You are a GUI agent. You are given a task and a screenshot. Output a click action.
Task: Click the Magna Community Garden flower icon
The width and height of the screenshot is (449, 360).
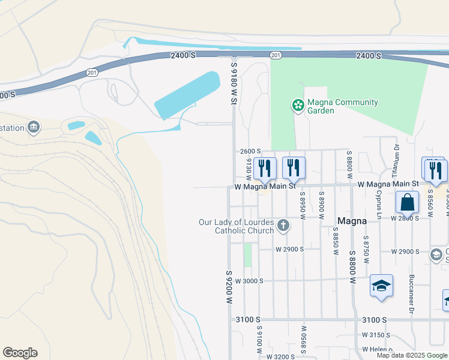pos(297,106)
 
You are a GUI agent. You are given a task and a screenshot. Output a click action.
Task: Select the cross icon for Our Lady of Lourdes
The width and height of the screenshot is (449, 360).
pos(283,226)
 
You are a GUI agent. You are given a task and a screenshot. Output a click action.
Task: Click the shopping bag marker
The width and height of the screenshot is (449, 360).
pos(407,203)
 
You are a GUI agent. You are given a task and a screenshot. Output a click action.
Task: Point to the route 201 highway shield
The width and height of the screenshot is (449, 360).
pos(276,55)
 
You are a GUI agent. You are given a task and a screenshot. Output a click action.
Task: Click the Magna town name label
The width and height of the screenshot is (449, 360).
pos(352,221)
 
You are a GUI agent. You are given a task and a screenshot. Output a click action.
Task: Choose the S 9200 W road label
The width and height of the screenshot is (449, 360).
pos(229,287)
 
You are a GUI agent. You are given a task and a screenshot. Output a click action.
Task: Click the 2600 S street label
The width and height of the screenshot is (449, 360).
pos(250,151)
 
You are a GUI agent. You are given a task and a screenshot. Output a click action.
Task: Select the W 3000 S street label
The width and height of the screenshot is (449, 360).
pos(249,281)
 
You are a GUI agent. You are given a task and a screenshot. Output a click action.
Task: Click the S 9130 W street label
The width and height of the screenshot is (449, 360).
pos(248,169)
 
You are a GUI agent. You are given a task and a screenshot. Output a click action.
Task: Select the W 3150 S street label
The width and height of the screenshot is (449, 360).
pos(377,335)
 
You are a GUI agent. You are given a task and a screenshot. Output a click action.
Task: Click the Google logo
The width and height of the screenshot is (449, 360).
pos(20,353)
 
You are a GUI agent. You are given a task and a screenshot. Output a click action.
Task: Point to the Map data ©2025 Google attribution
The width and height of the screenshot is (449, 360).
pos(411,355)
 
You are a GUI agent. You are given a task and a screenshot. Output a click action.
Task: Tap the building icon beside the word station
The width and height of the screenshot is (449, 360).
pos(34,127)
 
